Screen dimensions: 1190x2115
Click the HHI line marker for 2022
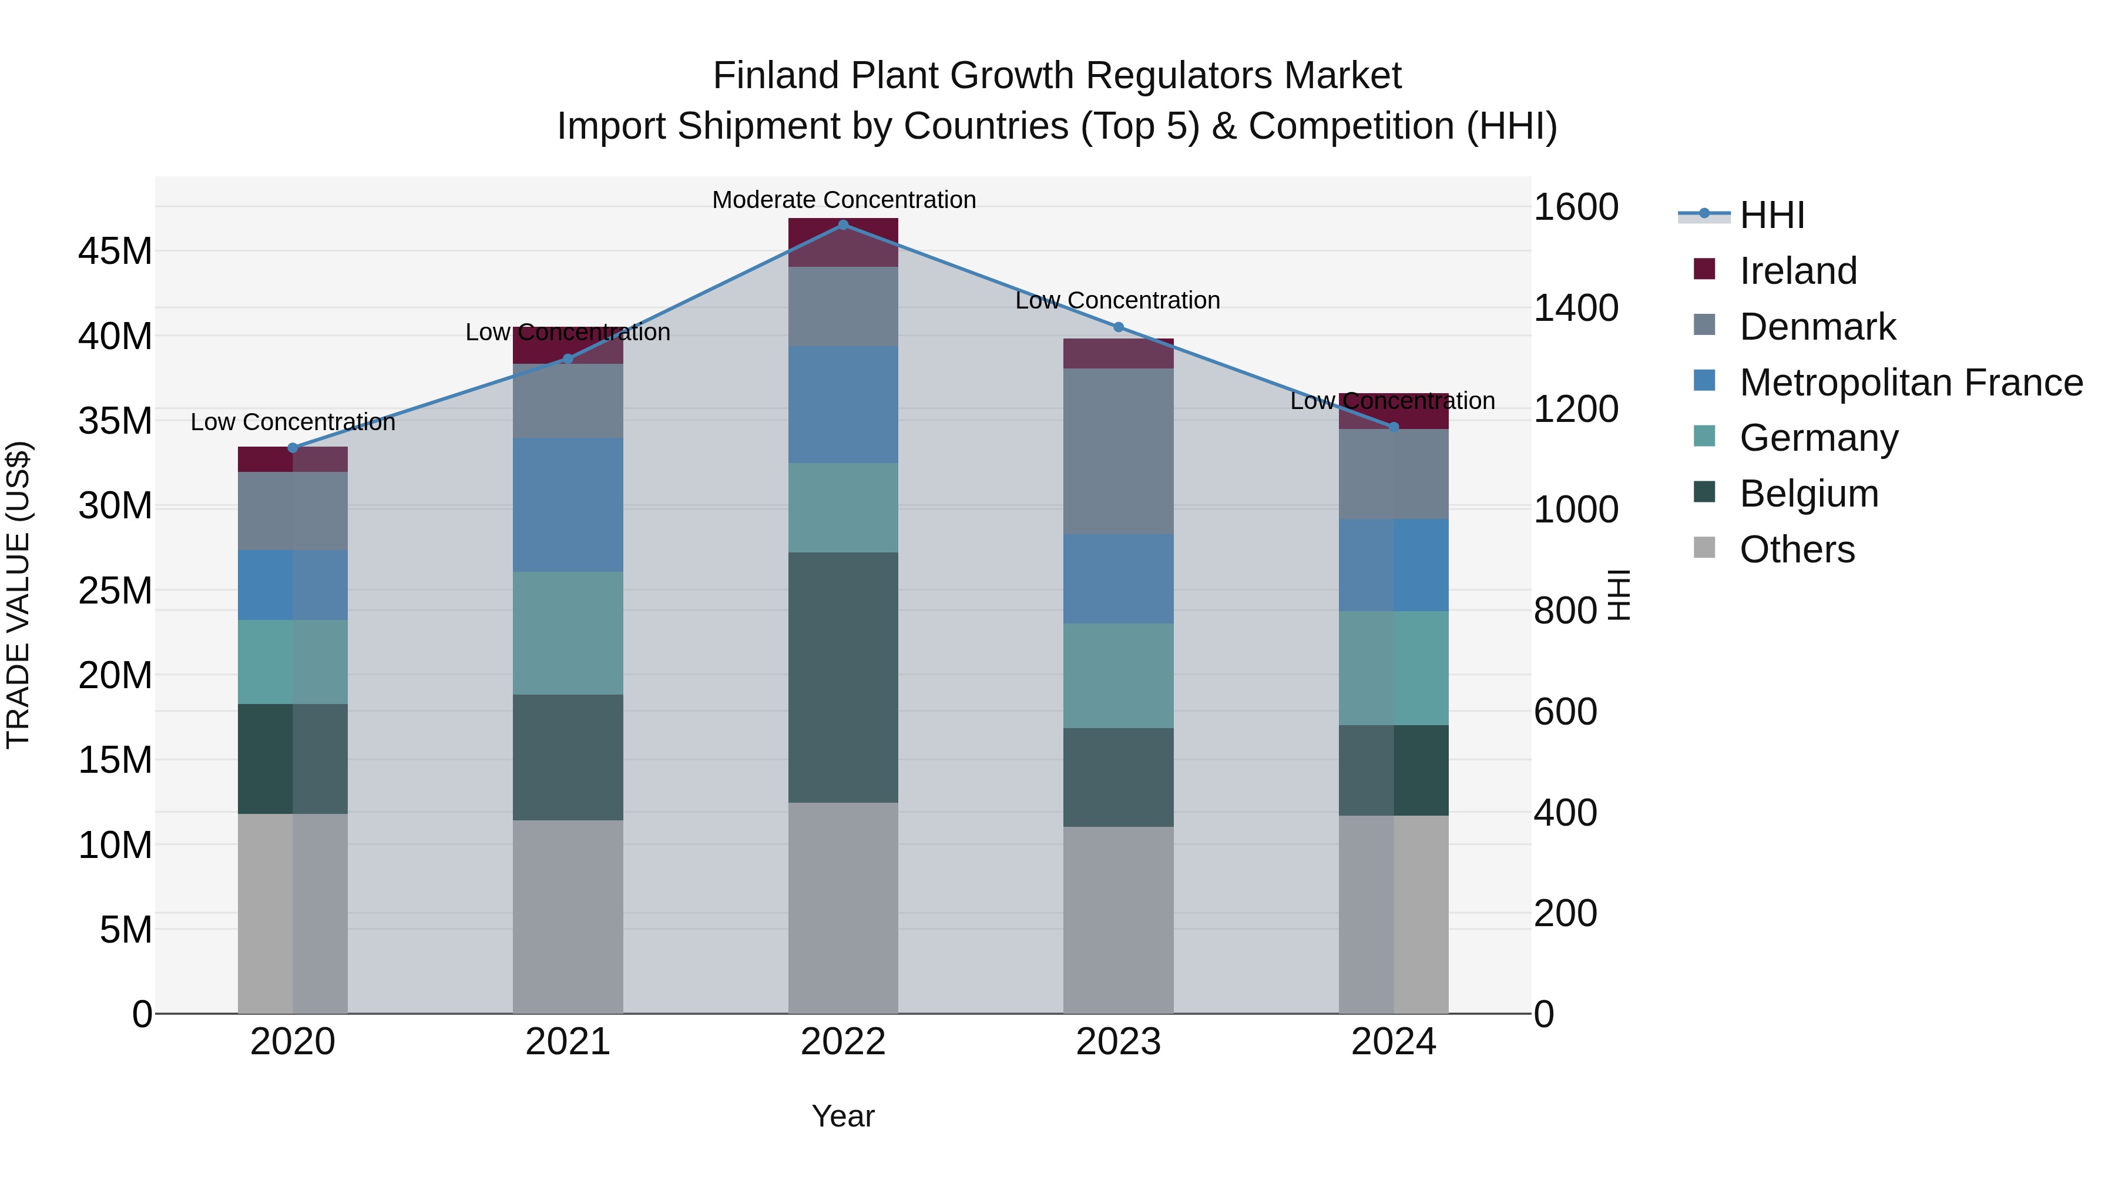click(x=842, y=224)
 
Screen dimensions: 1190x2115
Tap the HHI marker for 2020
click(x=293, y=448)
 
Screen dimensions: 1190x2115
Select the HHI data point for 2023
click(x=1117, y=327)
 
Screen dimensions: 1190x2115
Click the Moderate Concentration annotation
click(x=843, y=200)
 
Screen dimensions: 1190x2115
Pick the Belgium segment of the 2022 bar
click(x=842, y=677)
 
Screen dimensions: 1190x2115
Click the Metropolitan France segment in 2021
click(x=568, y=504)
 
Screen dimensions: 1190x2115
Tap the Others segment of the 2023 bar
click(x=1117, y=919)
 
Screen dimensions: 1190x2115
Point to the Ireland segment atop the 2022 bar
click(x=842, y=242)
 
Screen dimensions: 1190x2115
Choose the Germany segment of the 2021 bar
click(x=568, y=632)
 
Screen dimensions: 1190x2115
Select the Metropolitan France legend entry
click(x=1911, y=383)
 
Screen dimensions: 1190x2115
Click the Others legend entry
click(x=1797, y=549)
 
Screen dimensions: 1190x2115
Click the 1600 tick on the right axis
click(x=1574, y=207)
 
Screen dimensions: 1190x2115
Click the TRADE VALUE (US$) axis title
click(x=18, y=595)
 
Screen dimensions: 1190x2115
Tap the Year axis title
click(x=842, y=1116)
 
